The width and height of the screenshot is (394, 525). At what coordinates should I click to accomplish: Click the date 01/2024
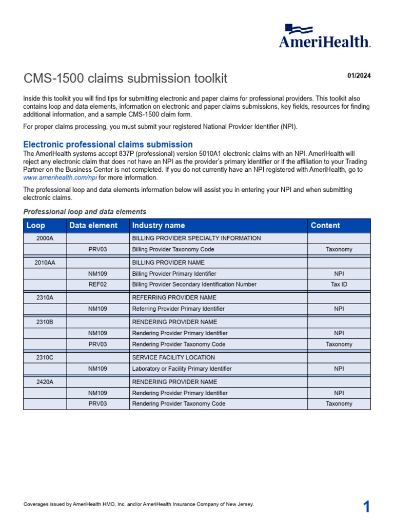[x=359, y=76]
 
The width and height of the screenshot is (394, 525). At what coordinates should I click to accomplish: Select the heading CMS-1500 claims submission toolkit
[x=125, y=79]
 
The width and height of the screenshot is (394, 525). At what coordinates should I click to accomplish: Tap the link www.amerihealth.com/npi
[x=61, y=177]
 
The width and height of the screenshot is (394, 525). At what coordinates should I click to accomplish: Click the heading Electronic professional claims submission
[x=108, y=145]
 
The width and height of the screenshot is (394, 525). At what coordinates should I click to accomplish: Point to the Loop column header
[x=35, y=226]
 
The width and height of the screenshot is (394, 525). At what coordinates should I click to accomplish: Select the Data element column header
[x=93, y=226]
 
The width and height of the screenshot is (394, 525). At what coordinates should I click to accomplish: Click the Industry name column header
[x=159, y=226]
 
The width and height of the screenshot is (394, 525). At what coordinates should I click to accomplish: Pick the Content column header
[x=325, y=226]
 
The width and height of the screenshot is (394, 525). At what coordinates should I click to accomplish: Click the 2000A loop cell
[x=45, y=238]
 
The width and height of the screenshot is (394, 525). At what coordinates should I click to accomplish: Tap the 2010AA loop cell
[x=45, y=262]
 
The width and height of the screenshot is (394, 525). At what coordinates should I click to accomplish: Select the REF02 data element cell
[x=97, y=285]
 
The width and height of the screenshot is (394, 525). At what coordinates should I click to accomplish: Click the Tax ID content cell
[x=339, y=285]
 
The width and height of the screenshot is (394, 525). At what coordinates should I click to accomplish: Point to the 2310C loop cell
[x=45, y=357]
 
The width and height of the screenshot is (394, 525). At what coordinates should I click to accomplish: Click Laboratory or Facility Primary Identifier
[x=182, y=369]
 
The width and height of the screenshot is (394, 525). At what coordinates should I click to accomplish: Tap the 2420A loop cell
[x=45, y=382]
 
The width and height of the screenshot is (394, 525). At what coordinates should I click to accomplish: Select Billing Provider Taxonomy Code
[x=173, y=250]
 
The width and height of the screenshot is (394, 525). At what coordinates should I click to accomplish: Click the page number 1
[x=366, y=507]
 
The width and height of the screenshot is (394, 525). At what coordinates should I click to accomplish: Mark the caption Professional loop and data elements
[x=85, y=212]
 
